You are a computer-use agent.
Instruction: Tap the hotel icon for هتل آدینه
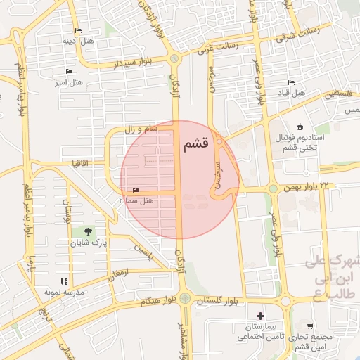77,30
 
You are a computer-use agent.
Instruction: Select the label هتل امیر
70,83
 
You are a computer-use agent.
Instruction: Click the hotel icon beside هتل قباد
292,83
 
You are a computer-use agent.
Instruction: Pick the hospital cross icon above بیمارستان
261,316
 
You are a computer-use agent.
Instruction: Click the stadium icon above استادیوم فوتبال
300,127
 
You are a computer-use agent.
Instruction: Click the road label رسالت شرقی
298,33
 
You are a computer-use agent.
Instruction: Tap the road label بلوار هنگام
149,301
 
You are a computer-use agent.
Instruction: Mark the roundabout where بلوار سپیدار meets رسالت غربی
174,59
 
